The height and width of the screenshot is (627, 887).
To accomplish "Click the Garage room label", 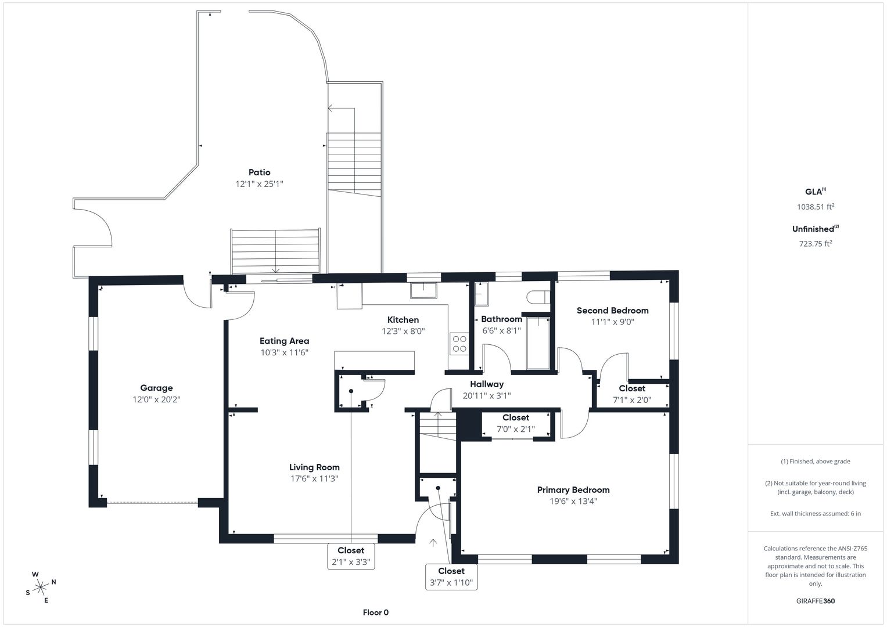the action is pyautogui.click(x=156, y=388).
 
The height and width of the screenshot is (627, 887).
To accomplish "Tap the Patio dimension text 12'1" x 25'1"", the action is pyautogui.click(x=260, y=183).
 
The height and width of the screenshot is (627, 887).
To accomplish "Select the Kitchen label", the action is pyautogui.click(x=403, y=320).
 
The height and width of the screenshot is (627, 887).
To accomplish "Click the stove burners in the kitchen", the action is pyautogui.click(x=459, y=344).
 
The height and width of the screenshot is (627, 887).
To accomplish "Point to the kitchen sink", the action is pyautogui.click(x=423, y=290).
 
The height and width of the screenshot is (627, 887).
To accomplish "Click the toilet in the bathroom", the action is pyautogui.click(x=538, y=297).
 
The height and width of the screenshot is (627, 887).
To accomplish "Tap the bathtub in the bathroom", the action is pyautogui.click(x=538, y=343).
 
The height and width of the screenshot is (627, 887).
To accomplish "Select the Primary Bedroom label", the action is pyautogui.click(x=573, y=489).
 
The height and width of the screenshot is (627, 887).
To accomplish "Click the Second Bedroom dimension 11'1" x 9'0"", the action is pyautogui.click(x=613, y=322).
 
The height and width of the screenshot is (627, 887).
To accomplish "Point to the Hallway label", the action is pyautogui.click(x=487, y=384).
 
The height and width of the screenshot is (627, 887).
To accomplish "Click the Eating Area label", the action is pyautogui.click(x=284, y=341).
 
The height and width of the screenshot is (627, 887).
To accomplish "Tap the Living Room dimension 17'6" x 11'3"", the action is pyautogui.click(x=314, y=478).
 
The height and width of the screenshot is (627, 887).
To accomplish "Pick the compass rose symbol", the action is pyautogui.click(x=41, y=587).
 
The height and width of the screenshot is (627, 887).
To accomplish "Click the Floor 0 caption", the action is pyautogui.click(x=375, y=612).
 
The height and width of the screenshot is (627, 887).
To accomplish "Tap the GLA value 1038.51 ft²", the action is pyautogui.click(x=816, y=207).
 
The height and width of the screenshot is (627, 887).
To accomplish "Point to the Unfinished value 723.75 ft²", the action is pyautogui.click(x=816, y=243).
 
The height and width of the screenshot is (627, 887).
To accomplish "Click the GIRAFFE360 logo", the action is pyautogui.click(x=816, y=601).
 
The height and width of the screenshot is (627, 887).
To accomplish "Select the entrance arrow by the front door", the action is pyautogui.click(x=433, y=543).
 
